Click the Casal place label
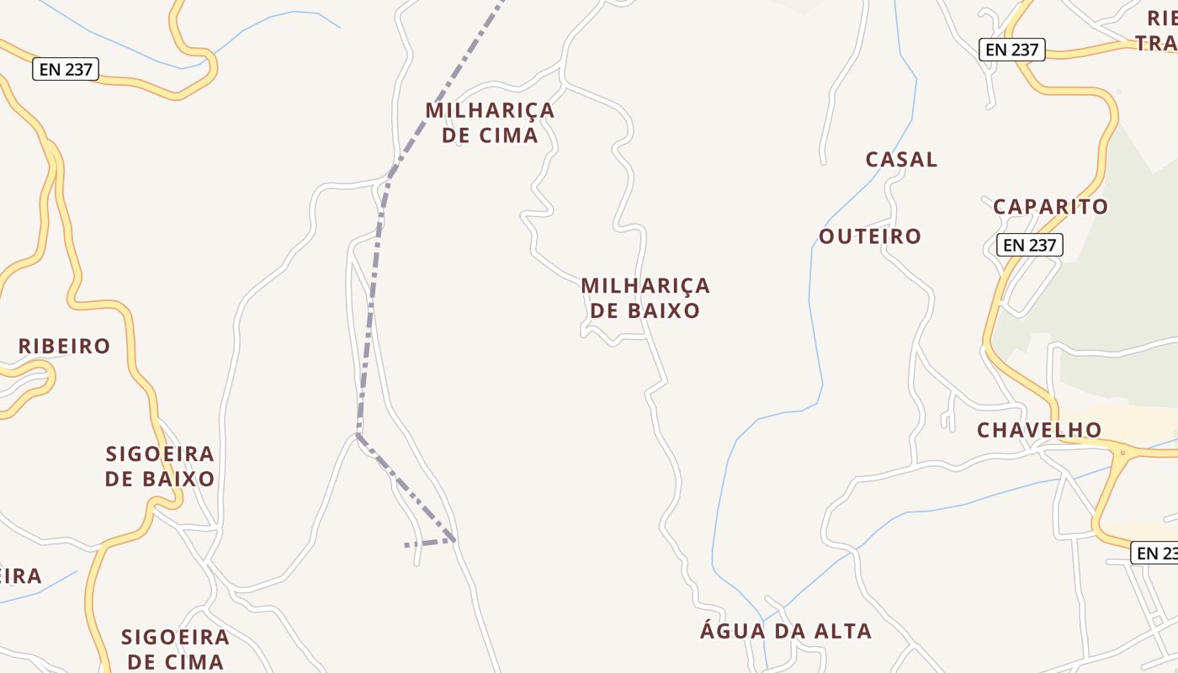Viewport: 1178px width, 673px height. click(x=901, y=159)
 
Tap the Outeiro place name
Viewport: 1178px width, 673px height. click(x=870, y=236)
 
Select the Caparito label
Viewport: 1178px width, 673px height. click(x=1050, y=207)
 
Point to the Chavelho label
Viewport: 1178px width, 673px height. click(x=1039, y=430)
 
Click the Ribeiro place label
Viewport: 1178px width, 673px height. click(x=64, y=346)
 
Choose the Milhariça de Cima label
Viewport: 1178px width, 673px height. click(x=490, y=123)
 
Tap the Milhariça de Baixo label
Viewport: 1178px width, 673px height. click(x=645, y=298)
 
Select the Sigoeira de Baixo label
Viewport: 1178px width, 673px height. click(x=160, y=466)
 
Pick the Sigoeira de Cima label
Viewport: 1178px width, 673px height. click(x=175, y=649)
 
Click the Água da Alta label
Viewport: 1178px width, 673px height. click(x=786, y=631)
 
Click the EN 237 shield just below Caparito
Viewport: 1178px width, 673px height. click(x=1029, y=245)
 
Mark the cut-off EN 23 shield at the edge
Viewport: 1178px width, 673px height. click(x=1156, y=553)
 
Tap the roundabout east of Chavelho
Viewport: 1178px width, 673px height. click(x=1122, y=453)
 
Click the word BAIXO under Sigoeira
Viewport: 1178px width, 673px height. click(x=183, y=479)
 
